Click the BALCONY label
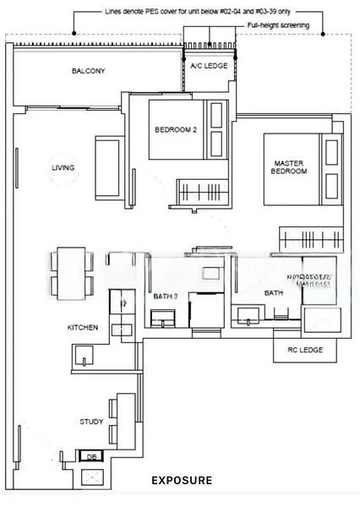[89, 72]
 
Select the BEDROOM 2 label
[176, 130]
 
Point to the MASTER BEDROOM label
[289, 166]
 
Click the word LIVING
[63, 168]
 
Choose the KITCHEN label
[83, 327]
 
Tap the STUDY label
[91, 421]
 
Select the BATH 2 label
[165, 295]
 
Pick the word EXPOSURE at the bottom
[182, 481]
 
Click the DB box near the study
[91, 457]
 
